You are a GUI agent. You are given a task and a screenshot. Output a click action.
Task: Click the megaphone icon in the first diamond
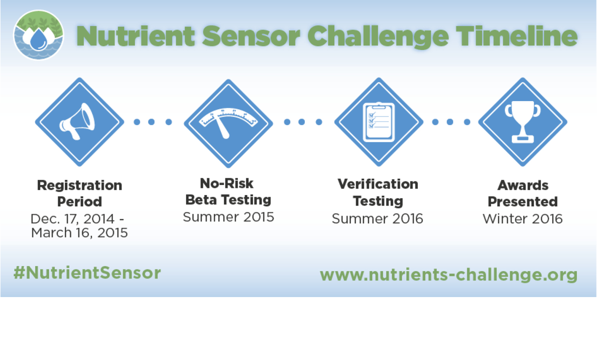pyautogui.click(x=77, y=122)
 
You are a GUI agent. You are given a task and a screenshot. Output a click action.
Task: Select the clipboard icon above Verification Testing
pyautogui.click(x=379, y=122)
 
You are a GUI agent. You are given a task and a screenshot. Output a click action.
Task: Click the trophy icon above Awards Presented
pyautogui.click(x=523, y=122)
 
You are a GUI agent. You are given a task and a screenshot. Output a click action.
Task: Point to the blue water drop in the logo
pyautogui.click(x=39, y=40)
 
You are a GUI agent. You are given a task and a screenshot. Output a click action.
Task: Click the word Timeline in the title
pyautogui.click(x=516, y=36)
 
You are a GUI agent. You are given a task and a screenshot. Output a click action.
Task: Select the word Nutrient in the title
pyautogui.click(x=135, y=36)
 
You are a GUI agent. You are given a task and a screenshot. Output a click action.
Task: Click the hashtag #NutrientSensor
pyautogui.click(x=87, y=273)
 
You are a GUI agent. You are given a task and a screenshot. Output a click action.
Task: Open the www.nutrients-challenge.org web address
pyautogui.click(x=449, y=275)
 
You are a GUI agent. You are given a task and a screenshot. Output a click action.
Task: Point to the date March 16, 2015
pyautogui.click(x=80, y=233)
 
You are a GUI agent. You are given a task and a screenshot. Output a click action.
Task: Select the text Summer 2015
pyautogui.click(x=228, y=217)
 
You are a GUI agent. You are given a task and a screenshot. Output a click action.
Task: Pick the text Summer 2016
pyautogui.click(x=377, y=219)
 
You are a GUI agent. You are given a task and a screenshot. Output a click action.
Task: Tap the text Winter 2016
pyautogui.click(x=523, y=219)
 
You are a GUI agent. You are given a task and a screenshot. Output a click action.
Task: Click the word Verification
pyautogui.click(x=378, y=184)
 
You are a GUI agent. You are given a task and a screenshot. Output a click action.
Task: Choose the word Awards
pyautogui.click(x=523, y=185)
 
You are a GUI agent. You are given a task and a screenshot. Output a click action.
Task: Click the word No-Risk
pyautogui.click(x=227, y=183)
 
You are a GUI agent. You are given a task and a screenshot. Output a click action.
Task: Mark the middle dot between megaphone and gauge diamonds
pyautogui.click(x=151, y=122)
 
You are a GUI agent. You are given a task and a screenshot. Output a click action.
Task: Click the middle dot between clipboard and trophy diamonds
pyautogui.click(x=450, y=122)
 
